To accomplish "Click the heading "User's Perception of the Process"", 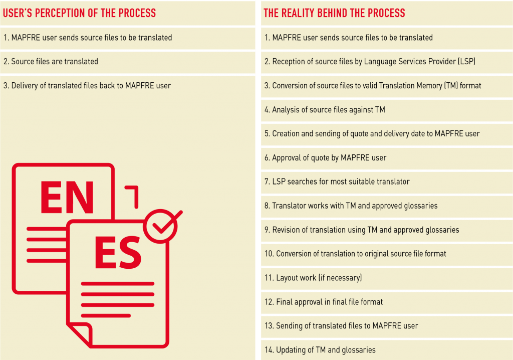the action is [79, 13].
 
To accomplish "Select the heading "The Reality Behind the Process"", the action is [334, 13].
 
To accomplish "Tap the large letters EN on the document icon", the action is [67, 198].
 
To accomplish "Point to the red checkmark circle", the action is [161, 226].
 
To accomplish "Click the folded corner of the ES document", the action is [80, 334].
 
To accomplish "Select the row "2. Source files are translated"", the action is [51, 62].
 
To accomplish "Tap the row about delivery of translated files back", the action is [87, 86].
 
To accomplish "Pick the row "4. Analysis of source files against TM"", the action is [325, 110].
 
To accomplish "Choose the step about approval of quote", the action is [325, 158].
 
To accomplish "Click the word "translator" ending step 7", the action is [393, 182].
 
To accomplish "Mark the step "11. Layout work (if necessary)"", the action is [313, 278].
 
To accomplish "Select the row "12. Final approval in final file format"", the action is [324, 302].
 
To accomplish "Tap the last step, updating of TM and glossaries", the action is [320, 350].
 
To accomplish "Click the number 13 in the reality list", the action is [269, 326].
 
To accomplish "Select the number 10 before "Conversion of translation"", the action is [269, 254].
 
